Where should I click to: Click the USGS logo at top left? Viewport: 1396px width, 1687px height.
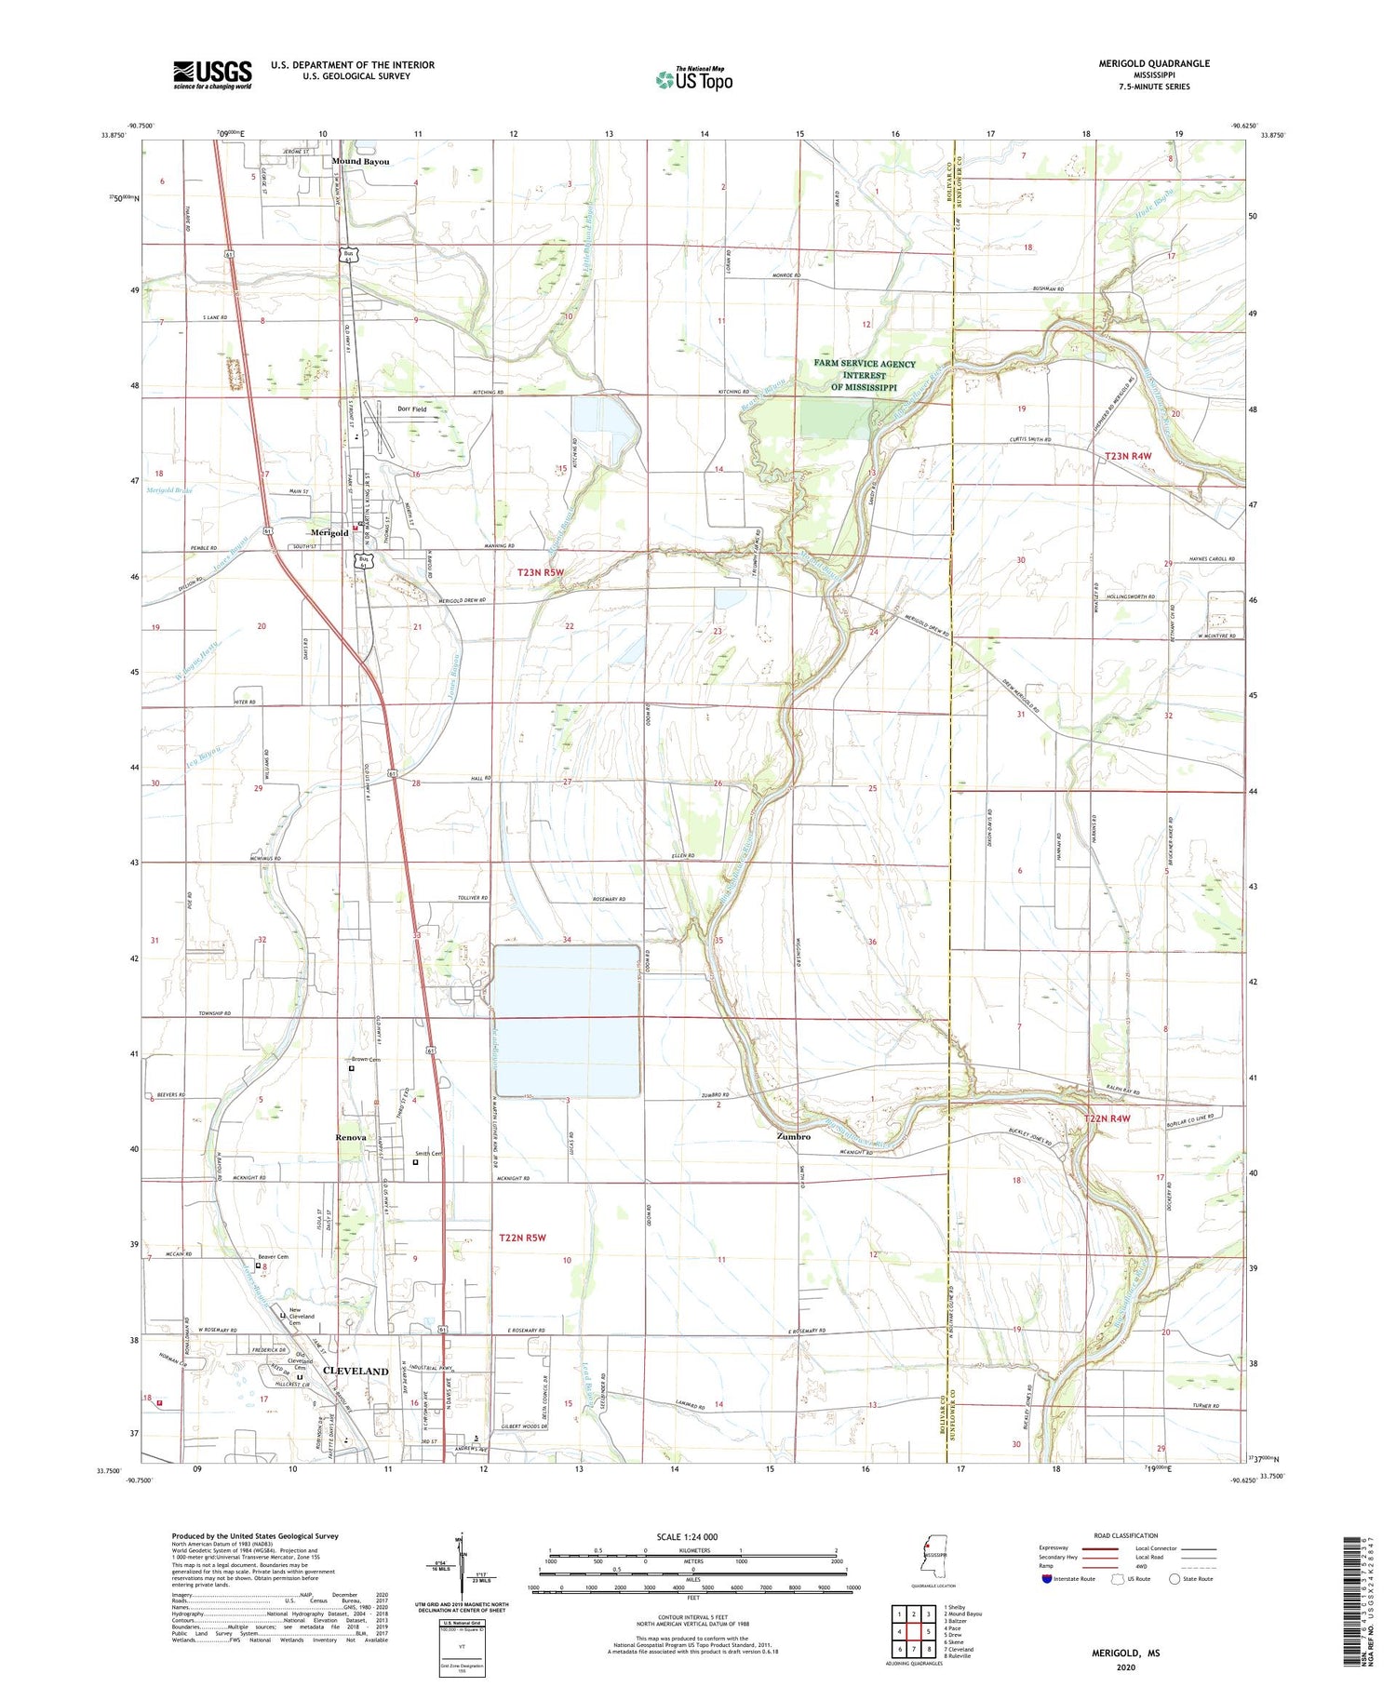coord(212,74)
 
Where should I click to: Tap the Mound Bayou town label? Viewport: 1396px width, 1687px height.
coord(360,162)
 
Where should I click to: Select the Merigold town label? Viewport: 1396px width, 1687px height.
coord(329,532)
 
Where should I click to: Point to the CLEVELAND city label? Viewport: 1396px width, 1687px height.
coord(356,1371)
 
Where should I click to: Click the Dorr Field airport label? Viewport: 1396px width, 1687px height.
coord(411,409)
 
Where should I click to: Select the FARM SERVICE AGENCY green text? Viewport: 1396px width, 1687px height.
coord(865,364)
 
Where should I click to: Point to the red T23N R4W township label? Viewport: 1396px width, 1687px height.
coord(1128,456)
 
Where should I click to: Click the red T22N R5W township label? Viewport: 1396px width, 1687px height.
coord(522,1238)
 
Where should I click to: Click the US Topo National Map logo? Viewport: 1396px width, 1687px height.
coord(694,79)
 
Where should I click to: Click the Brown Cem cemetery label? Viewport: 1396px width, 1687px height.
coord(366,1059)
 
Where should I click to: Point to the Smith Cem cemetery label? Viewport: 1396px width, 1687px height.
coord(428,1154)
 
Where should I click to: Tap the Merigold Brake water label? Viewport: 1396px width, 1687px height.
coord(168,490)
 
